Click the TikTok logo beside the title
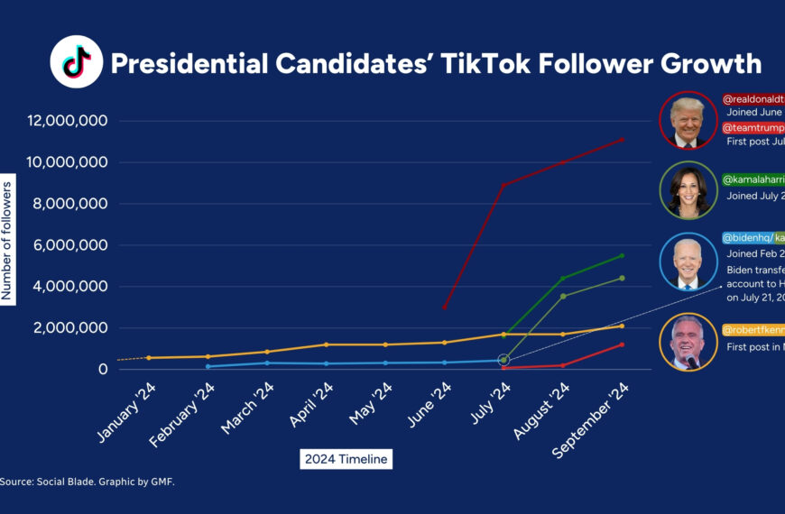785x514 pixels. (x=76, y=62)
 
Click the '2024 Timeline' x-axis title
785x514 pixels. (x=346, y=459)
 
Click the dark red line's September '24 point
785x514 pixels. (x=622, y=139)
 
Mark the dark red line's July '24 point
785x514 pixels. (x=503, y=185)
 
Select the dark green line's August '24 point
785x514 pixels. (x=563, y=278)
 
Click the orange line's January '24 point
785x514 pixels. (x=149, y=358)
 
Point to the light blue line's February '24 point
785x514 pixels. (x=208, y=366)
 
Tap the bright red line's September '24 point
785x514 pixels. (x=622, y=344)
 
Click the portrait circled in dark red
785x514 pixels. (x=688, y=119)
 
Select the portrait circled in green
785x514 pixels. (x=688, y=189)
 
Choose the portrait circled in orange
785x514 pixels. (x=688, y=342)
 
